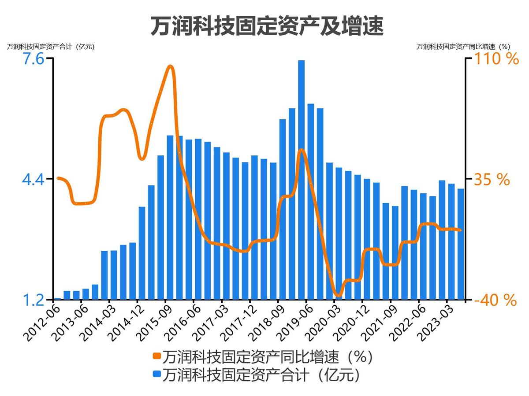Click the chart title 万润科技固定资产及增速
(267, 26)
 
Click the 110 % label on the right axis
(496, 59)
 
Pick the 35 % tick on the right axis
(492, 180)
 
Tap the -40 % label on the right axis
(495, 301)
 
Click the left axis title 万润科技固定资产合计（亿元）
(51, 47)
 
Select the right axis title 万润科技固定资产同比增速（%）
(463, 47)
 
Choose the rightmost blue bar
(461, 244)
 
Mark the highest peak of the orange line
(171, 66)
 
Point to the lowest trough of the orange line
(338, 295)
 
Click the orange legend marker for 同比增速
(156, 356)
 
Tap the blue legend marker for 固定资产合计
(156, 375)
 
